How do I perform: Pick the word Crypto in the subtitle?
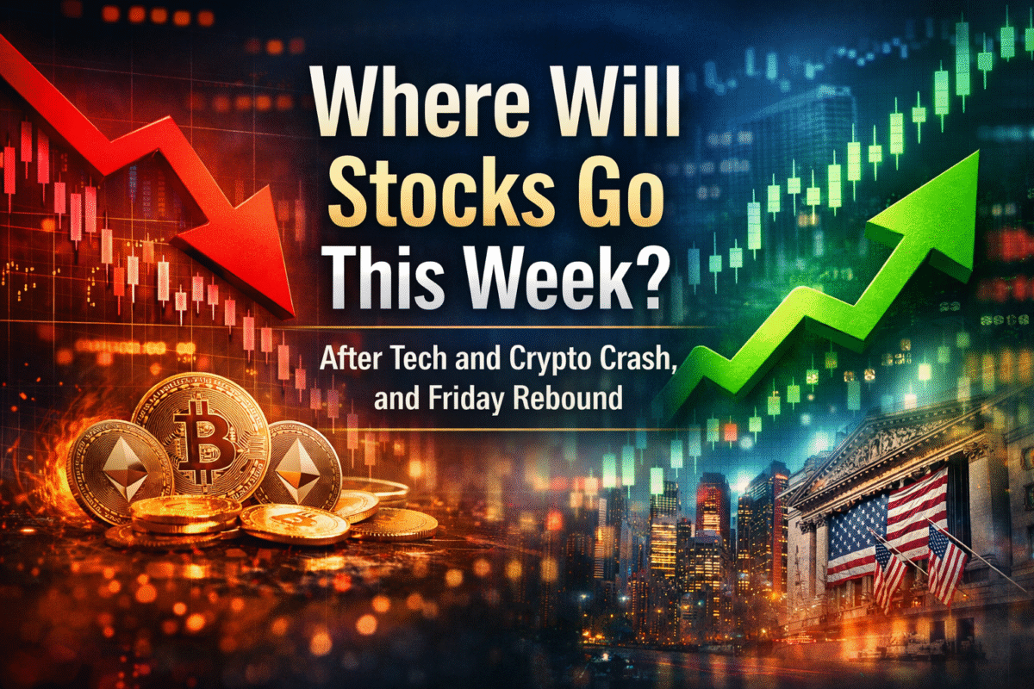[x=539, y=361]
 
